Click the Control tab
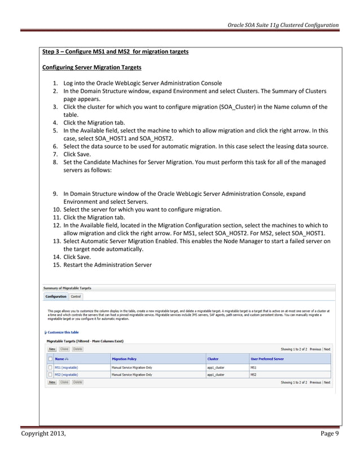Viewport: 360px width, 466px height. (76, 296)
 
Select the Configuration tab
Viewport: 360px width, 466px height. (56, 296)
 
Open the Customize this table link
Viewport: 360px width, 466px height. (63, 332)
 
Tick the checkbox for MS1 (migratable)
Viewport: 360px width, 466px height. (50, 367)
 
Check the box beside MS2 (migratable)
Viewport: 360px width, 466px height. (50, 374)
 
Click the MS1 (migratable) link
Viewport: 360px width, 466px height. (66, 367)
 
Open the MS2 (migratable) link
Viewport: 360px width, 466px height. (66, 374)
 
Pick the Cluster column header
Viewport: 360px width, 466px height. (213, 359)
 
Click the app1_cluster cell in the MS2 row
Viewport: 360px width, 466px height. (216, 374)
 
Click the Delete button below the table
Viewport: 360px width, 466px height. (77, 382)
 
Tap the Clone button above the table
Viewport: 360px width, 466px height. (64, 349)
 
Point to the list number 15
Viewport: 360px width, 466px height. (56, 265)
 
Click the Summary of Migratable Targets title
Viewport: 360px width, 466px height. (67, 288)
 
